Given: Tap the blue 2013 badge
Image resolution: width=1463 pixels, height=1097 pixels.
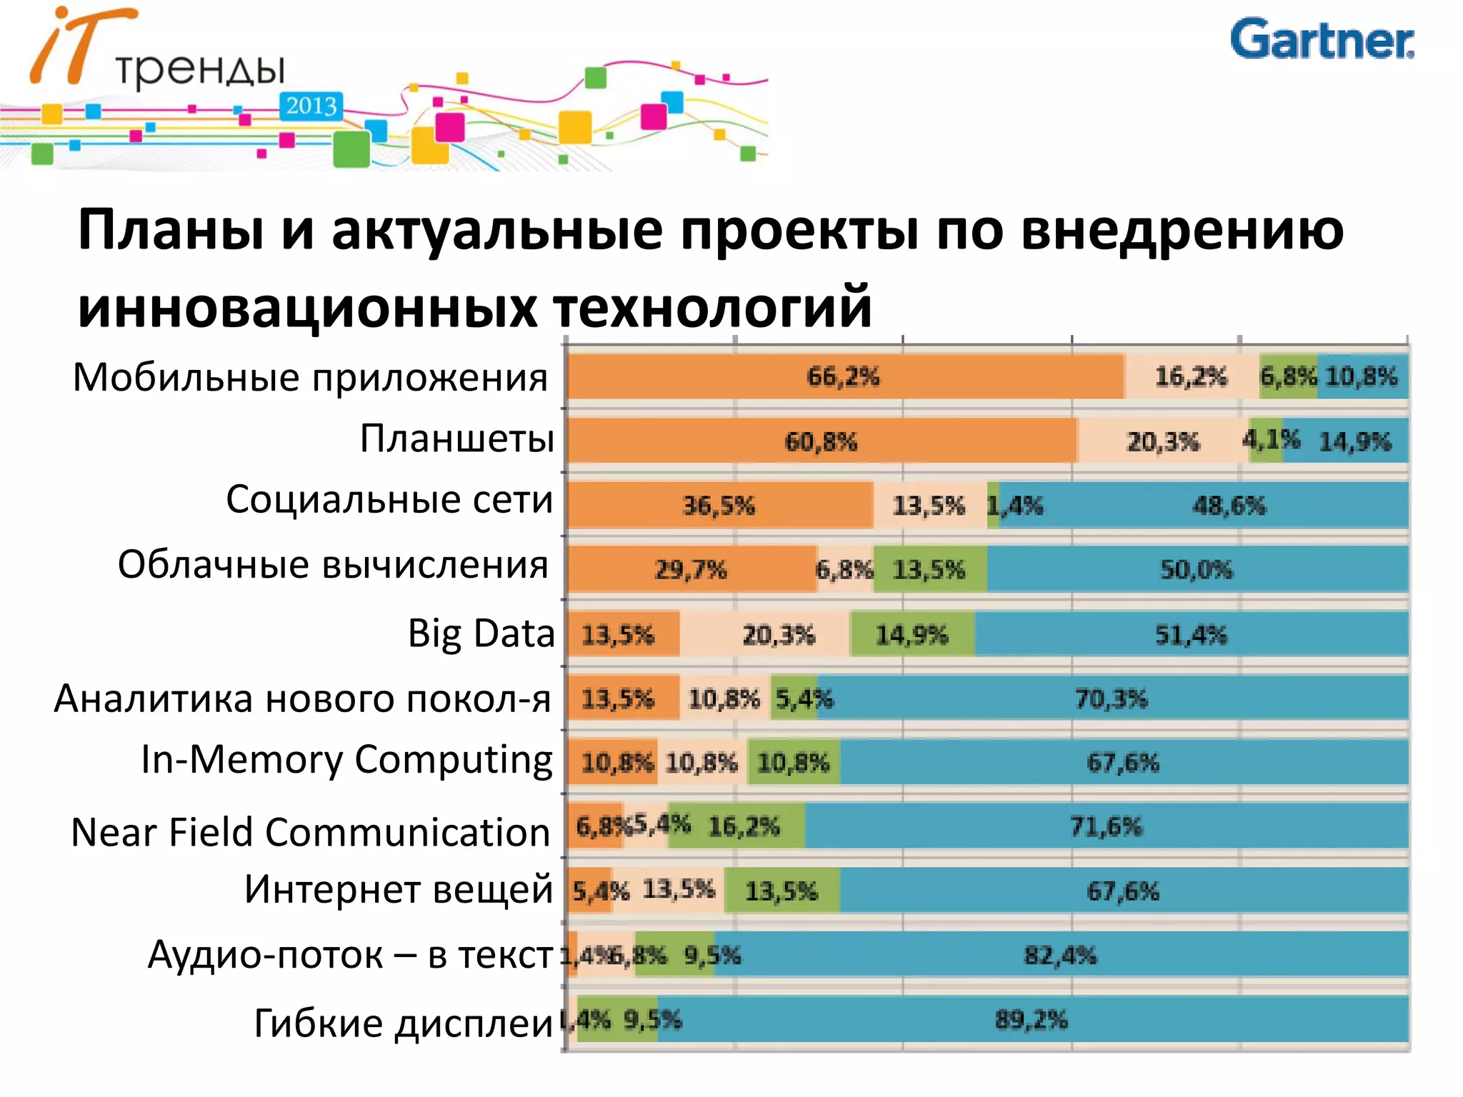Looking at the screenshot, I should (x=311, y=106).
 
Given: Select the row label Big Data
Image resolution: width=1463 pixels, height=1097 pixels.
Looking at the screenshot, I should (x=481, y=633).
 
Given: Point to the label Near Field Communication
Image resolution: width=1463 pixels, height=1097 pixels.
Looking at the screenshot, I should (x=311, y=833).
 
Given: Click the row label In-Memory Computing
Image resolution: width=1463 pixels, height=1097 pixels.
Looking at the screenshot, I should (x=347, y=759).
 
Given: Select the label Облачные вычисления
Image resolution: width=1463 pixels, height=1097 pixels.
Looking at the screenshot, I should (x=333, y=565).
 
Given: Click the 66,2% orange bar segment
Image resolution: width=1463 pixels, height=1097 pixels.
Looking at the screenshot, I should (x=843, y=376).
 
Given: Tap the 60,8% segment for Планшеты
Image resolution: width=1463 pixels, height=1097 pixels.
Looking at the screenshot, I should (x=822, y=441).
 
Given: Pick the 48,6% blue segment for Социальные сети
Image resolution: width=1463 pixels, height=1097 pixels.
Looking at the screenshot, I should (x=1229, y=506).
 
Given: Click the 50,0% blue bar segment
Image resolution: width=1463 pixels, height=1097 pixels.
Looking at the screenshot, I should (x=1197, y=570).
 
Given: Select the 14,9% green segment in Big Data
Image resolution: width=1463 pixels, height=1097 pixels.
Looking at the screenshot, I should (x=912, y=634).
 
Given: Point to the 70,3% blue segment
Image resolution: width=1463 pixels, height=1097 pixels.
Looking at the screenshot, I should (x=1112, y=698).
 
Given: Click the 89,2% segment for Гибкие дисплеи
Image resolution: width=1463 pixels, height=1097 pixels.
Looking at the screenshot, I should (x=1032, y=1019).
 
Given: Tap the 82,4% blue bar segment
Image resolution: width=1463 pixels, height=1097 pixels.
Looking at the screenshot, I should (x=1060, y=955).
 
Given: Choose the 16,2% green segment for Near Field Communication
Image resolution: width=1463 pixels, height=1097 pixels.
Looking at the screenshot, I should (x=743, y=826).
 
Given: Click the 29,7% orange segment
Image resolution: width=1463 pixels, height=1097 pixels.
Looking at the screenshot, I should (x=691, y=570).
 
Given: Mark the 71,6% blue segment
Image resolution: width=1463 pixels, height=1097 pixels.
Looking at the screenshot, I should (x=1106, y=826).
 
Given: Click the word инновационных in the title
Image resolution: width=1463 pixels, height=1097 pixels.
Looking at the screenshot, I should (x=307, y=307).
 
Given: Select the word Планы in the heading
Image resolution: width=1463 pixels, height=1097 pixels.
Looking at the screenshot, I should (x=171, y=230).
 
